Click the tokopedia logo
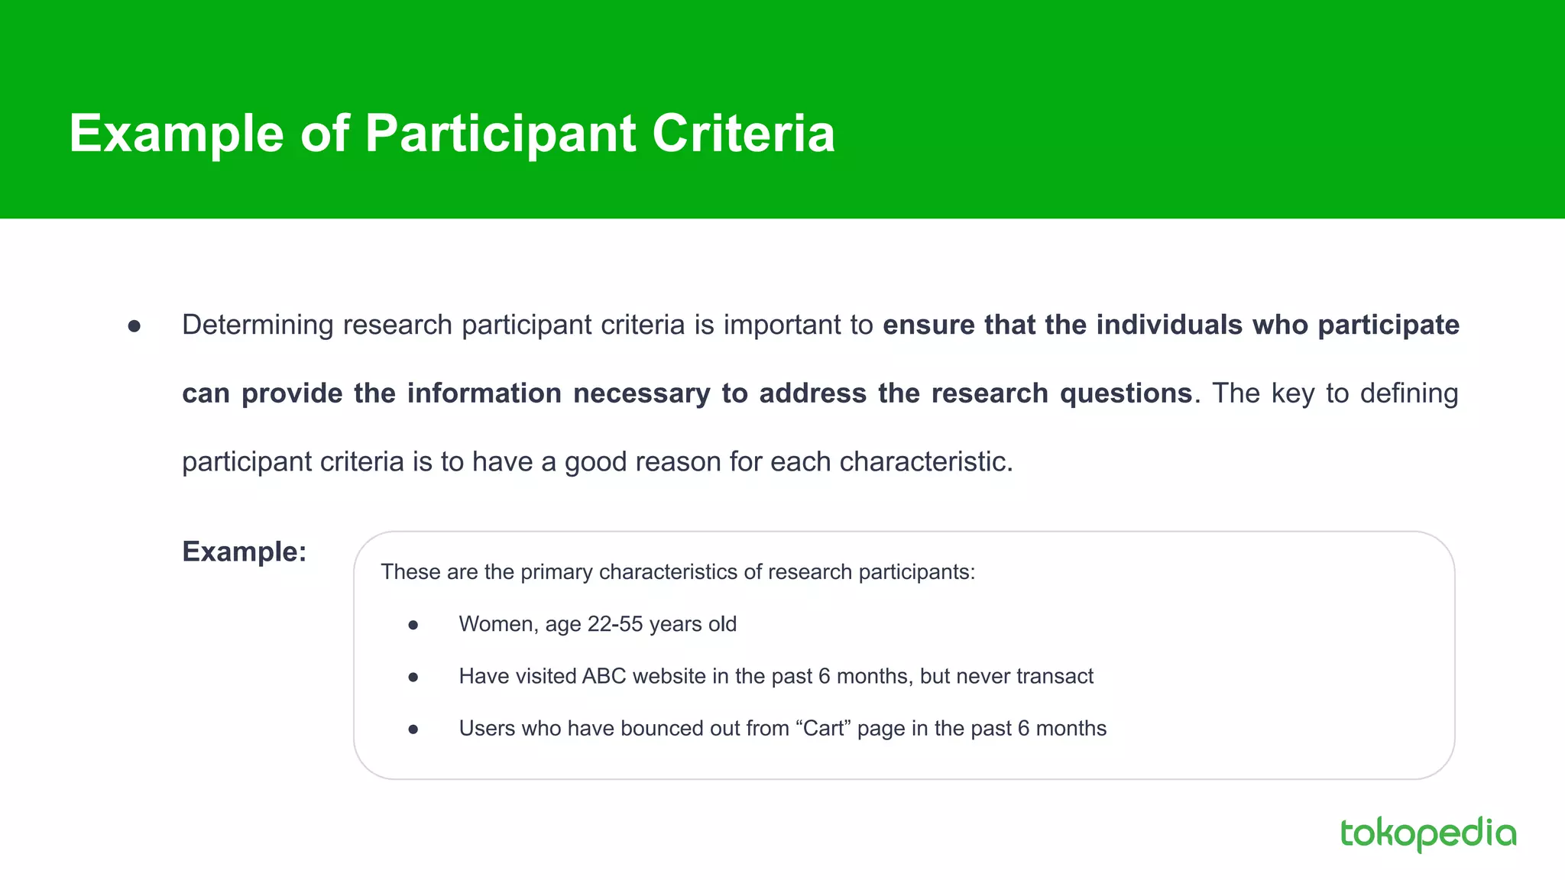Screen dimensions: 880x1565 pyautogui.click(x=1427, y=833)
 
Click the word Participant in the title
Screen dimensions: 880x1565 pyautogui.click(x=501, y=134)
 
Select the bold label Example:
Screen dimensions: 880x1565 pyautogui.click(x=244, y=552)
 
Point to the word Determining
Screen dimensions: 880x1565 pyautogui.click(x=258, y=325)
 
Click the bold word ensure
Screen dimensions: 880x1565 pyautogui.click(x=928, y=325)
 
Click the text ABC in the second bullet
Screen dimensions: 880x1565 pyautogui.click(x=604, y=676)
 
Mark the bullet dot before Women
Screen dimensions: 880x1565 pyautogui.click(x=413, y=625)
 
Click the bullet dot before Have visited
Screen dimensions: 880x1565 pyautogui.click(x=413, y=677)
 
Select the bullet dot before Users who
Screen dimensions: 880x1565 pyautogui.click(x=413, y=729)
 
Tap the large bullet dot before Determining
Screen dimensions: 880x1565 pyautogui.click(x=134, y=326)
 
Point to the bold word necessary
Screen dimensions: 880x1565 pyautogui.click(x=642, y=393)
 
